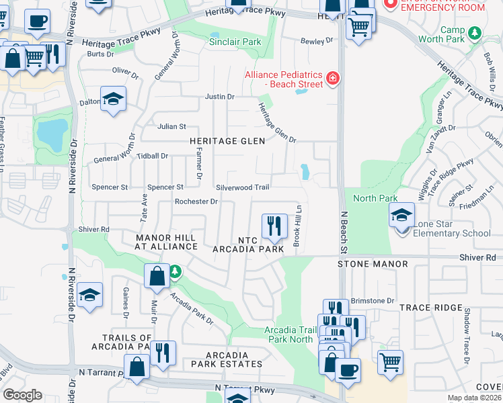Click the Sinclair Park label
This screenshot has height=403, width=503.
pos(233,42)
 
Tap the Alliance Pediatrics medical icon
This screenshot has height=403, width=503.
pos(332,79)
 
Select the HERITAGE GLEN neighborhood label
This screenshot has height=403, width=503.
pos(227,141)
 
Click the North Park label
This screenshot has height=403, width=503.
pos(375,198)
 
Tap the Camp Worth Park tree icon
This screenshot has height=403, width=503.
pos(475,32)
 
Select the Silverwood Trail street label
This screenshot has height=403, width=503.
pos(243,187)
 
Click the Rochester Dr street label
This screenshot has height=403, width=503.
pos(196,201)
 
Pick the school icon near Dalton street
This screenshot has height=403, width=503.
pos(114,99)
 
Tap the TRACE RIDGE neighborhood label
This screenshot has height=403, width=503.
pos(428,307)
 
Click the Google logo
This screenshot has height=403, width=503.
pos(22,395)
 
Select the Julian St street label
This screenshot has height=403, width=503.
pos(171,126)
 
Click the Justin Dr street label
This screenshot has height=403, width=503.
pos(219,97)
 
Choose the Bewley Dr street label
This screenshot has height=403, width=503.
pos(317,41)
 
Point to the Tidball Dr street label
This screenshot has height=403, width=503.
pos(152,156)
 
